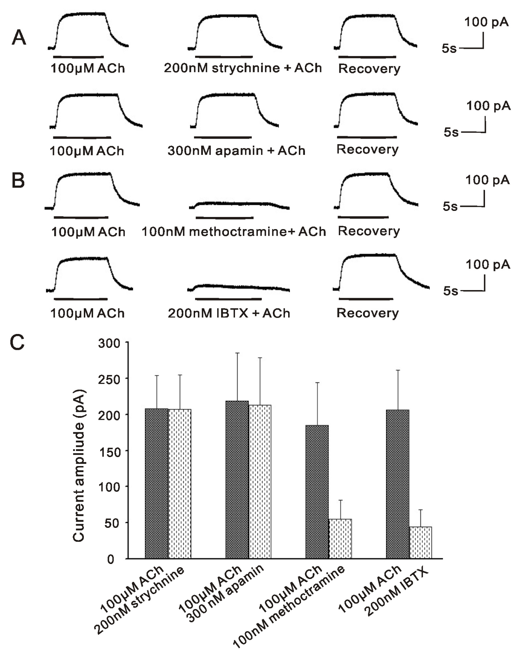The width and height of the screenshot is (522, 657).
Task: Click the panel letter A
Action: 19,38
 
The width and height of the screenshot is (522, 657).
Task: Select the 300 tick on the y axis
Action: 109,344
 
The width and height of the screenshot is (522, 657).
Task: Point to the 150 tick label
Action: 109,452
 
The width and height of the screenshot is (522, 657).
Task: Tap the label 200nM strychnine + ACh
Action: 243,68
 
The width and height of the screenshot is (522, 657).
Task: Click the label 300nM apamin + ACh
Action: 236,151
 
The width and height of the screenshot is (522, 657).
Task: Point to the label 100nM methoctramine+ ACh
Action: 234,232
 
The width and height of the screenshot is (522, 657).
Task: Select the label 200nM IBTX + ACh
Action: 229,313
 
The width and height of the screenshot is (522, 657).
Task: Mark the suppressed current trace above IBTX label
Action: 238,287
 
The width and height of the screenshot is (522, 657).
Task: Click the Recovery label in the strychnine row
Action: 369,69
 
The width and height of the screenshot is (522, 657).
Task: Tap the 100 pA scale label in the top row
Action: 486,22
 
